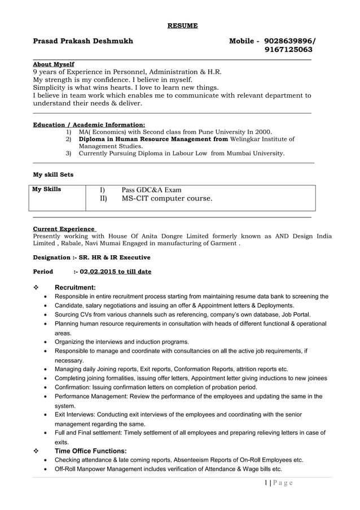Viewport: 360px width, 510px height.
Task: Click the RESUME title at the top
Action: coord(182,25)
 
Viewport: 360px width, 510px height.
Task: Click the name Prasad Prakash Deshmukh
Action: coord(84,41)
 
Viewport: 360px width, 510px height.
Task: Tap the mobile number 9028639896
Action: coord(289,41)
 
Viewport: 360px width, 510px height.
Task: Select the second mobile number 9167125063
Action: coord(288,50)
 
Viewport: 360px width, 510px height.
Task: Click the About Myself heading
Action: coord(54,64)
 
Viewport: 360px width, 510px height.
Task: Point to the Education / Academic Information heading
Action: coord(89,125)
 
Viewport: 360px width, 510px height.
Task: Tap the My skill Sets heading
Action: coord(53,175)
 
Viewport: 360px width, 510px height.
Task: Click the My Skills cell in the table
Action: coord(47,189)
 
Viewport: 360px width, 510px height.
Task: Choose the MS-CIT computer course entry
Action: coord(167,199)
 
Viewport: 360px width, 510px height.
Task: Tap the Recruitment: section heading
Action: coord(75,287)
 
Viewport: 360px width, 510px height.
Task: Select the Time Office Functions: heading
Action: coord(90,451)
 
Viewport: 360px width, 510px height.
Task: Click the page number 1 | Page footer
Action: coord(279,483)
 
